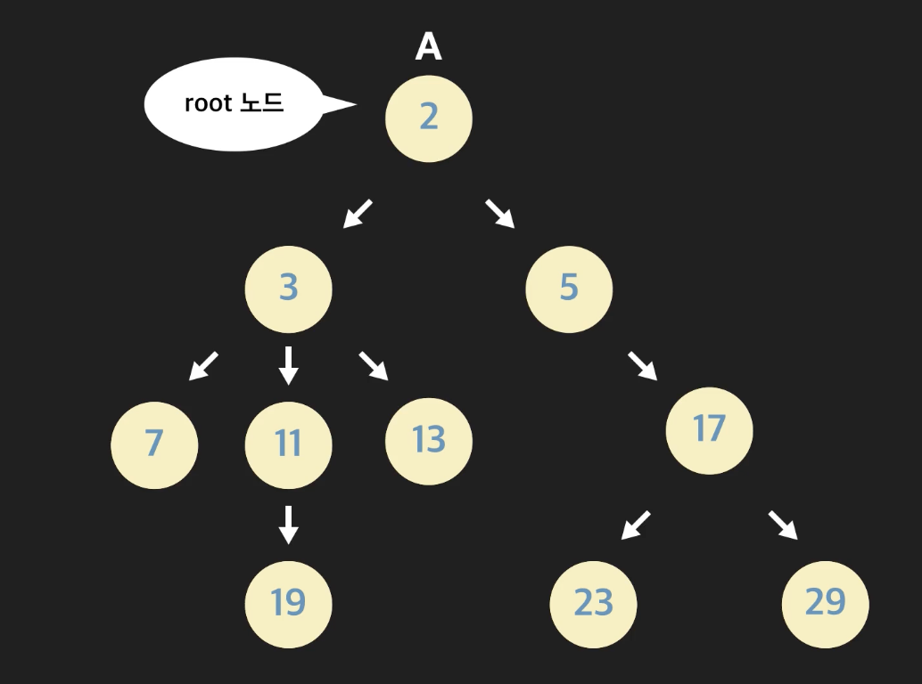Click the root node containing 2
(429, 118)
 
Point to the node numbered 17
(709, 430)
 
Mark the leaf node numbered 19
(288, 604)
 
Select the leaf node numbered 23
(593, 604)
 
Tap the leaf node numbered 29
(825, 604)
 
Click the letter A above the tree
(428, 47)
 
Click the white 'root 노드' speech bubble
(234, 104)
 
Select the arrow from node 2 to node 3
(358, 214)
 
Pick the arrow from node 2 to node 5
(500, 214)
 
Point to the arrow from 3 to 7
(203, 365)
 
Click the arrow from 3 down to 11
(287, 365)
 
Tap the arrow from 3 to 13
(374, 365)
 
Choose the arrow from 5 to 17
(643, 365)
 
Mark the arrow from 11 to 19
(287, 524)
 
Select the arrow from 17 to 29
(783, 525)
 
